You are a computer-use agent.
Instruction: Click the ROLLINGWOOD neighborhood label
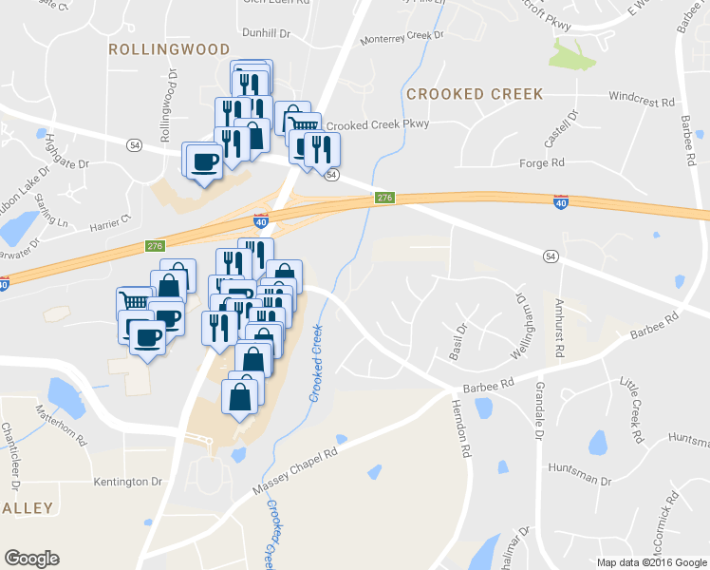tap(169, 48)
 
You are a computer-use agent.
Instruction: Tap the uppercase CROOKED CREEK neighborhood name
tap(475, 94)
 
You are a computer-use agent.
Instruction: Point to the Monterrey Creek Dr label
tap(403, 36)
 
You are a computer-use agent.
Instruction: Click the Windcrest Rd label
tap(642, 99)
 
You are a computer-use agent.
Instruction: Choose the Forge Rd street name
tap(542, 163)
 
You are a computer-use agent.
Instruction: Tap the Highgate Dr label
tap(67, 149)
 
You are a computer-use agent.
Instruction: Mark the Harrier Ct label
tap(112, 220)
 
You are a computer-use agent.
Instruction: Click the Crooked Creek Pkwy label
tap(378, 124)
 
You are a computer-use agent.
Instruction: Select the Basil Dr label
tap(462, 341)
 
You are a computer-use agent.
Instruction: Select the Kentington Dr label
tap(128, 483)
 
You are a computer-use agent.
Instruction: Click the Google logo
tap(31, 559)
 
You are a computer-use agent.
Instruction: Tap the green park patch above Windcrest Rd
tap(573, 54)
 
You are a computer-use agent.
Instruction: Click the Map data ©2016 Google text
tap(650, 561)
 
